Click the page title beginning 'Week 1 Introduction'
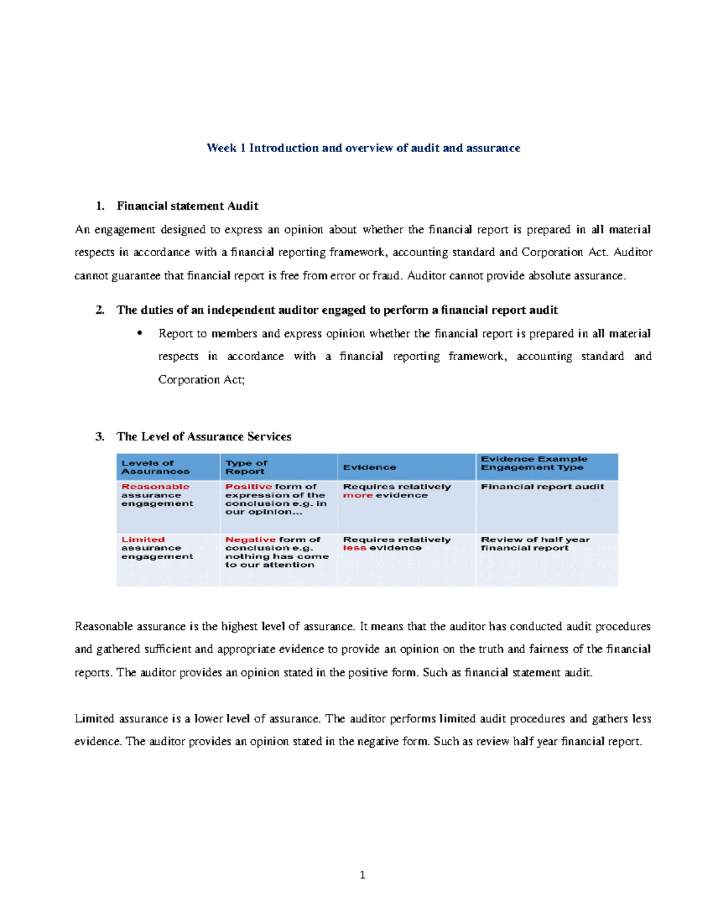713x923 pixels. coord(363,148)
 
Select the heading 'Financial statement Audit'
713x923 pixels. coord(187,206)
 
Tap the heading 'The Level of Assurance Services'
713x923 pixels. coord(204,437)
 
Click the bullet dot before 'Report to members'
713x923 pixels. coord(140,333)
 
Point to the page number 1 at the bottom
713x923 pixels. coord(362,875)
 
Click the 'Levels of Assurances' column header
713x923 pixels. coord(155,467)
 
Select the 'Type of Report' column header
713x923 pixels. coord(246,467)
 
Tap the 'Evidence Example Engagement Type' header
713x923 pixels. coord(534,463)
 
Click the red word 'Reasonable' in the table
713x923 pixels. coord(155,487)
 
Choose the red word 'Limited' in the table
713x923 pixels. coord(143,540)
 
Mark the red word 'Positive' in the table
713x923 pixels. coord(248,487)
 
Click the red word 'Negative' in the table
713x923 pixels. coord(250,540)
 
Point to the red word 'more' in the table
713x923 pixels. coord(358,495)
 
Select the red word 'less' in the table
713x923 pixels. coord(354,548)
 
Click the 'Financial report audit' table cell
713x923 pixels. coord(542,487)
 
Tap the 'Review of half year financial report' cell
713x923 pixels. coord(535,544)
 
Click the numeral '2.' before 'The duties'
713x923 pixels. coord(100,310)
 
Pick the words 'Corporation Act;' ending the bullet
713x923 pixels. coord(201,380)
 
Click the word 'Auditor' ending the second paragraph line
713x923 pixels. coord(633,253)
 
